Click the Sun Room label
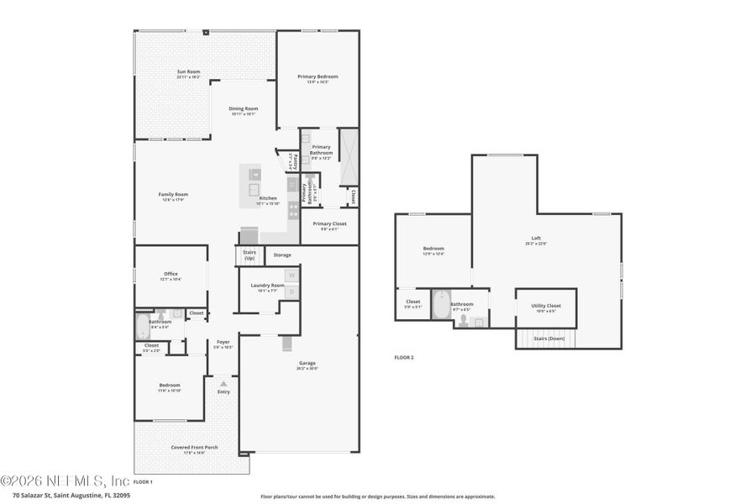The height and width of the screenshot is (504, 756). click(187, 73)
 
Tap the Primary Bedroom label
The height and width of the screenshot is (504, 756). click(318, 77)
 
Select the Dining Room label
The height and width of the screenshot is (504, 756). click(244, 109)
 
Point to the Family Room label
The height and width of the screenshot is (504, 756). click(173, 196)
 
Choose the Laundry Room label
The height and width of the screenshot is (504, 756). click(267, 286)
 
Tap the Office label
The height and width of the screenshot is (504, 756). click(171, 275)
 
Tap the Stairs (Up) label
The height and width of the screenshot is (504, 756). click(249, 255)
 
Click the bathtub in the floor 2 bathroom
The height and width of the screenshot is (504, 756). click(440, 306)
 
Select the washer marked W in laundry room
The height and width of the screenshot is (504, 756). click(291, 275)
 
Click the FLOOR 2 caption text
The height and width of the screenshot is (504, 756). click(404, 357)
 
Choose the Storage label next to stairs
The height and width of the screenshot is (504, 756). click(282, 255)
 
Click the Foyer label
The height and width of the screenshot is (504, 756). click(223, 343)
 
